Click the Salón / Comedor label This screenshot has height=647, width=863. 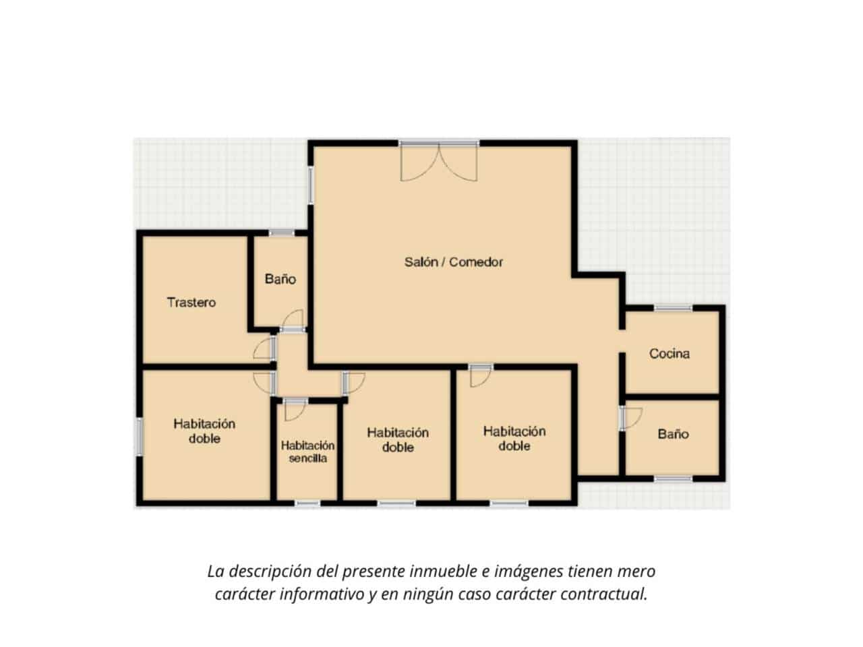tap(453, 262)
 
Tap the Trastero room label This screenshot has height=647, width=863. tap(191, 303)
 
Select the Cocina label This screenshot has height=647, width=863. tap(669, 354)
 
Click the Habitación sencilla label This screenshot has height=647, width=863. tap(307, 452)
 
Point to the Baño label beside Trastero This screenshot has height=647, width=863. tap(280, 279)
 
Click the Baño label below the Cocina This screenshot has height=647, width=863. tap(673, 434)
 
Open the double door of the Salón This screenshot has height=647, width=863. tap(439, 162)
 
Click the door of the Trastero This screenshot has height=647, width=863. tap(264, 348)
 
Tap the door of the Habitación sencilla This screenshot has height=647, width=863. tap(295, 409)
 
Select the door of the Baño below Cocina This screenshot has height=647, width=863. tap(631, 418)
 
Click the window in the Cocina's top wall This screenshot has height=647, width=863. tap(673, 309)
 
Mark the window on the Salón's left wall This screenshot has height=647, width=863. tap(311, 185)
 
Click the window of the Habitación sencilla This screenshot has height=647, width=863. tap(307, 503)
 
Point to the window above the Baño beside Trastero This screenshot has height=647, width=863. tap(282, 233)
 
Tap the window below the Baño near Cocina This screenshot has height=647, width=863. tap(673, 479)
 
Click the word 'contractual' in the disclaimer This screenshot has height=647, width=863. tap(603, 594)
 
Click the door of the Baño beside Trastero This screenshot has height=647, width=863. tap(293, 320)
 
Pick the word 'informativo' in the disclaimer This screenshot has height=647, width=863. tap(322, 594)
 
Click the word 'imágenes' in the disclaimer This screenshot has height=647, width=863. tap(529, 572)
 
